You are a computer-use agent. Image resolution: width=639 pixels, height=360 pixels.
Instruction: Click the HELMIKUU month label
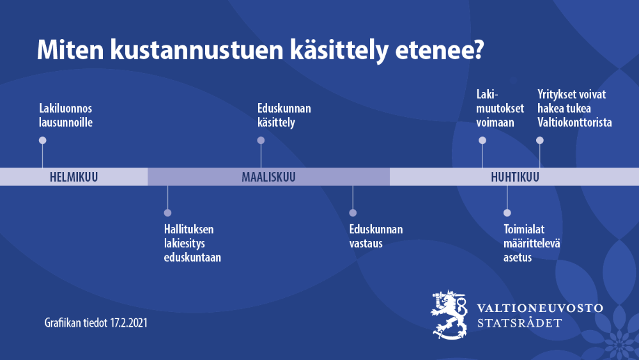click(73, 177)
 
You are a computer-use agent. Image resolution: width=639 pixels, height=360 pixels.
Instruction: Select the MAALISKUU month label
click(268, 177)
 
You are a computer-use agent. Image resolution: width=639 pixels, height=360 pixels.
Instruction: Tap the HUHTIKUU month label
click(514, 177)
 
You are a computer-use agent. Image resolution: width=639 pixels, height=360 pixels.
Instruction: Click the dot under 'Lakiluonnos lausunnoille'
click(42, 140)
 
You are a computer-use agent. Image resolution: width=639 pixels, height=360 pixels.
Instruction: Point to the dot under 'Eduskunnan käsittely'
click(261, 140)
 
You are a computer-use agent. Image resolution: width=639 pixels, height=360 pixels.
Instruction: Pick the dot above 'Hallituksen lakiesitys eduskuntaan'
click(167, 213)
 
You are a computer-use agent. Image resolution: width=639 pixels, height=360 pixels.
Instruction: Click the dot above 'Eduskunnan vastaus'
click(353, 213)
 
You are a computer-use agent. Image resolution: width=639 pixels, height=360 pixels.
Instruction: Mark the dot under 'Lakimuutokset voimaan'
click(482, 140)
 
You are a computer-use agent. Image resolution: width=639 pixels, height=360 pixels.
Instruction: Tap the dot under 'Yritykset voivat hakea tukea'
click(540, 140)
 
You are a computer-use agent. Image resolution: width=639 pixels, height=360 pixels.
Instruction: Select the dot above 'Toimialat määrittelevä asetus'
click(507, 213)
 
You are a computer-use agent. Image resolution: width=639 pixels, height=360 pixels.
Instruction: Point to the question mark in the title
click(478, 49)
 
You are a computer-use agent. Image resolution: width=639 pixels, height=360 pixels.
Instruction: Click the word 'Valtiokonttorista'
click(574, 122)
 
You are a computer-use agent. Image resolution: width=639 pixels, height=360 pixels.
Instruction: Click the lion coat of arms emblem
click(449, 315)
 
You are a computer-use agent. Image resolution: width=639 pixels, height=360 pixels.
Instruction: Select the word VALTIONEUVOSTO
click(540, 308)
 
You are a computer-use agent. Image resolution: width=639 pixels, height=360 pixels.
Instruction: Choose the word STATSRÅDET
click(520, 323)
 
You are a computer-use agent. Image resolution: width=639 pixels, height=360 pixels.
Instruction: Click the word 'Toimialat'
click(524, 229)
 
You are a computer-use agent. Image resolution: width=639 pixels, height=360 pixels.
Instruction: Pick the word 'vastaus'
click(366, 244)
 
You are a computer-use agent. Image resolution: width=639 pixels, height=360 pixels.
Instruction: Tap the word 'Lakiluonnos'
click(66, 109)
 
